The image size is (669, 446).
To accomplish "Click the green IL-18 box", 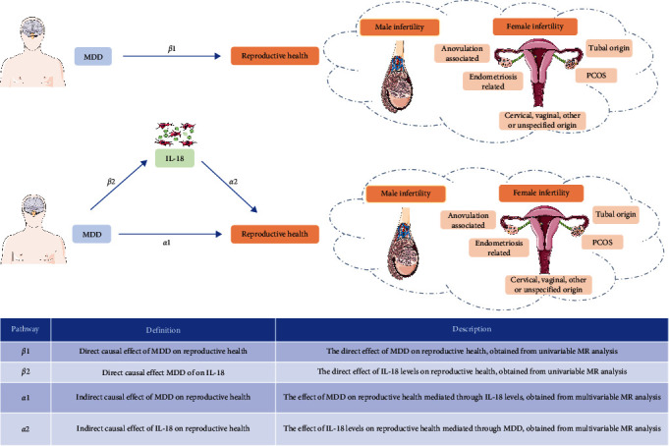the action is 175,158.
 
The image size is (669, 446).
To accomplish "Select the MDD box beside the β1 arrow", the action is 93,56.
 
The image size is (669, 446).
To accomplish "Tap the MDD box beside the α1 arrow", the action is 91,235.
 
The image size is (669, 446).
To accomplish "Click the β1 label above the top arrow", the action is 172,49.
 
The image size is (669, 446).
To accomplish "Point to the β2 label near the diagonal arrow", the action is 111,182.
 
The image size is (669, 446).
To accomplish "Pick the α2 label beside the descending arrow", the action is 233,182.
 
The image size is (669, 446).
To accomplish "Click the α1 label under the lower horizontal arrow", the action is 166,243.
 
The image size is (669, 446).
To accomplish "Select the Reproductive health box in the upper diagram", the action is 275,56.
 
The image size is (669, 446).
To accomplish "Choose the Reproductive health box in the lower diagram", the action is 275,234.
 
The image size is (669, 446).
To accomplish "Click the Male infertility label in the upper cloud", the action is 400,27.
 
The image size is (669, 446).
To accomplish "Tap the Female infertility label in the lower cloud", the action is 541,193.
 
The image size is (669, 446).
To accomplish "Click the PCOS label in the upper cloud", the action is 596,76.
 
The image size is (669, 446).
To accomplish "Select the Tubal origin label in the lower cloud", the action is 616,214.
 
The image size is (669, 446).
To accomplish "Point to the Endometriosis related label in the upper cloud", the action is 493,82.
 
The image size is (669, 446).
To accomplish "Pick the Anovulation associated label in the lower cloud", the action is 468,220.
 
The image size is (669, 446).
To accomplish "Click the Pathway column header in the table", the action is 26,329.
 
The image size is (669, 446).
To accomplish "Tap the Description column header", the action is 472,329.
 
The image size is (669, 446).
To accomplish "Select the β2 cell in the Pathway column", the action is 26,371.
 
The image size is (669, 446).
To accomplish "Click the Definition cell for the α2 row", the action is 163,428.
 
